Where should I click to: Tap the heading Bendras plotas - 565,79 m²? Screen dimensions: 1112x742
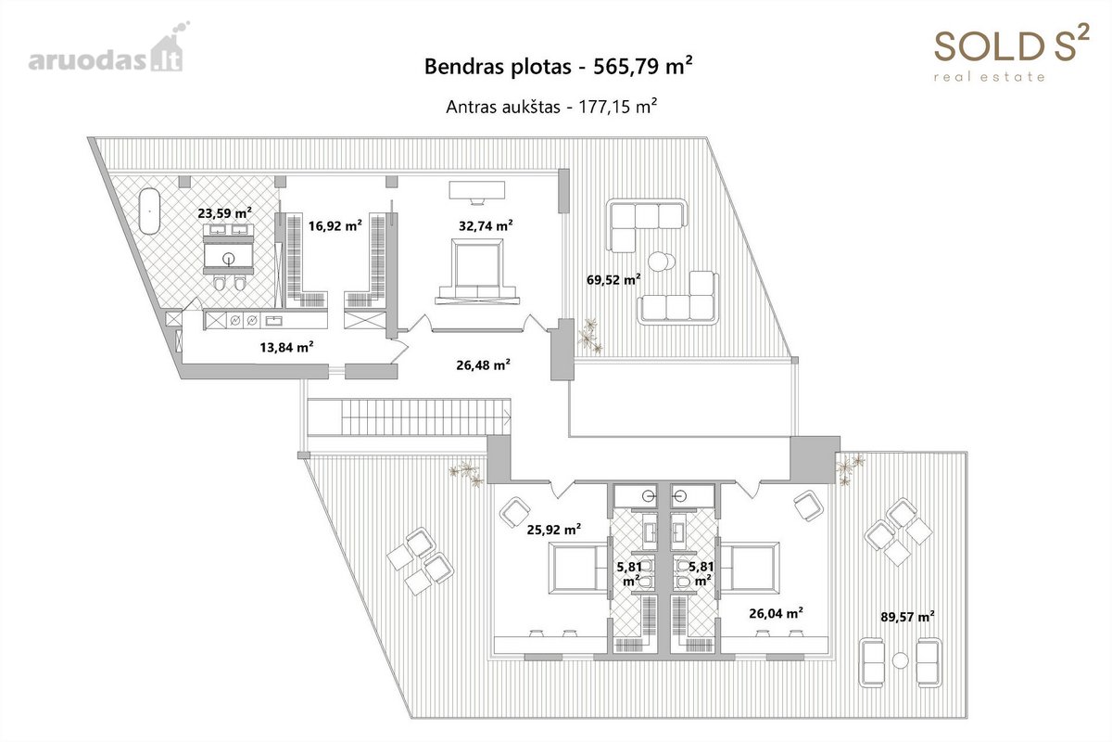[559, 66]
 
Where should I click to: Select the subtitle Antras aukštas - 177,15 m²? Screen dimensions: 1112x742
[551, 107]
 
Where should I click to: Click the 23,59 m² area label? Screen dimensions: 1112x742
[224, 212]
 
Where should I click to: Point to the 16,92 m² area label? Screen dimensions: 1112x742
[335, 225]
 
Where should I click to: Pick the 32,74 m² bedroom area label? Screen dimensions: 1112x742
[486, 225]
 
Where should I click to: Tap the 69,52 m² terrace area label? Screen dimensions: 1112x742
[613, 279]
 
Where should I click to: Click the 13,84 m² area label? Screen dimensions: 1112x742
[286, 346]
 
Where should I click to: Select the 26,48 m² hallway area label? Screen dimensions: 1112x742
[483, 365]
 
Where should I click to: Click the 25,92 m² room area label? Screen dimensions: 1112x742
[554, 530]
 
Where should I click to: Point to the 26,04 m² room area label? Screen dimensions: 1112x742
[776, 613]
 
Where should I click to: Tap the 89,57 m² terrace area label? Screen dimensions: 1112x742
[907, 616]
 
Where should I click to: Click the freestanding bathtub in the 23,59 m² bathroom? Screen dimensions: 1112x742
[149, 211]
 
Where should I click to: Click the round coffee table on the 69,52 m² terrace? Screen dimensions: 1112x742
[661, 262]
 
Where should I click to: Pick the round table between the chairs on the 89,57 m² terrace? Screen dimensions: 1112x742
[900, 660]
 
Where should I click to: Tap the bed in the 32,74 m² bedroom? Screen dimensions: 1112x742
[477, 272]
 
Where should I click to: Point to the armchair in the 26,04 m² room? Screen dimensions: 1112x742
[808, 505]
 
